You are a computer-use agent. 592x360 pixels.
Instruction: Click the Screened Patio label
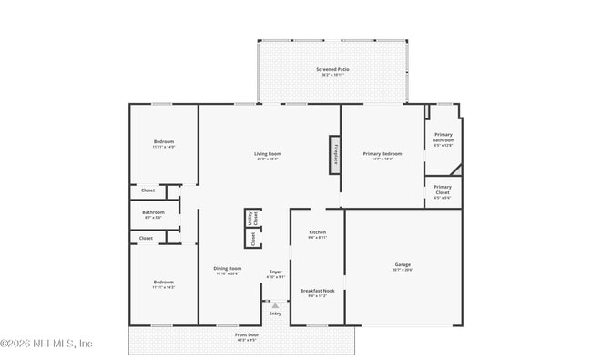coord(332,71)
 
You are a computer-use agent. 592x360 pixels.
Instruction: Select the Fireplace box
coord(335,154)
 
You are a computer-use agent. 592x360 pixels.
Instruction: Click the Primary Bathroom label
coord(443,140)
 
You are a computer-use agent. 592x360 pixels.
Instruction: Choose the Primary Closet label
coord(443,190)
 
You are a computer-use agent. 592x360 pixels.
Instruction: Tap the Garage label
coord(403,267)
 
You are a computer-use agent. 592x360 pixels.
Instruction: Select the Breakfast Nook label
coord(317,293)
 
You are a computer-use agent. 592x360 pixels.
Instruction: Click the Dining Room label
coord(228,270)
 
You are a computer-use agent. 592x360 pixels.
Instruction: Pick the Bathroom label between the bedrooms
coord(153,215)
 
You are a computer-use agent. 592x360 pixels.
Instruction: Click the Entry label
coord(275,314)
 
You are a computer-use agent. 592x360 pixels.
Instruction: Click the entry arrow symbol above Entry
coord(275,305)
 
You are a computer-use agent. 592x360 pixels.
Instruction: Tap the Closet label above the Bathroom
coord(148,190)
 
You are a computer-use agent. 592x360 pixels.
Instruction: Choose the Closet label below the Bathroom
coord(146,238)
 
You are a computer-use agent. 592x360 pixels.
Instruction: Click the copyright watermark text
coord(46,344)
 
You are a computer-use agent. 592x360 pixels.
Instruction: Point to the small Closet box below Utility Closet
coord(252,238)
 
